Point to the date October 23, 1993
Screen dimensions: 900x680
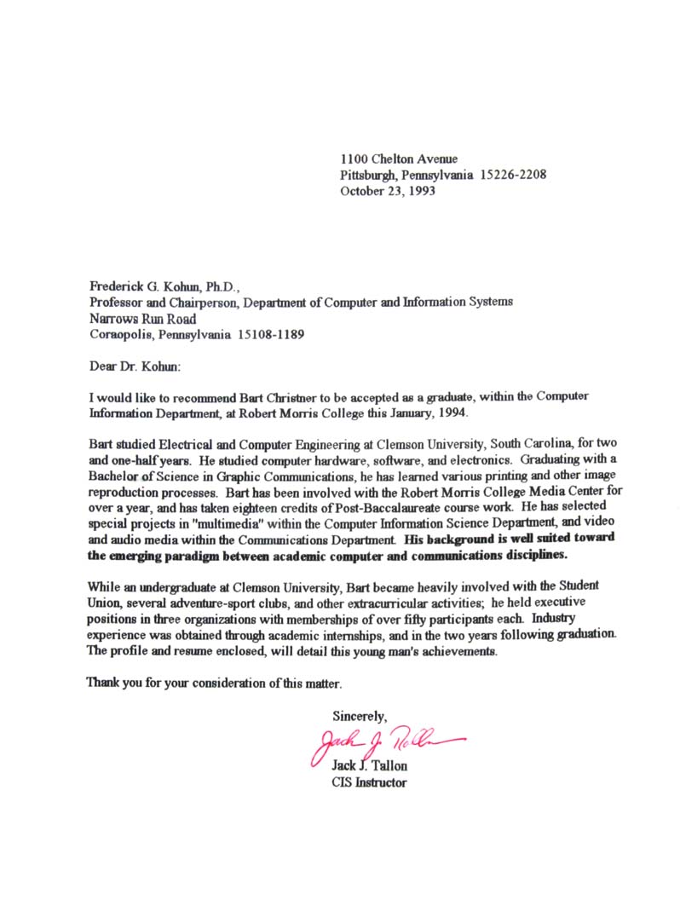click(388, 192)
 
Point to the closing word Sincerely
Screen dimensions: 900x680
click(360, 716)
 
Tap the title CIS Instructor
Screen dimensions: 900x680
click(369, 782)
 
